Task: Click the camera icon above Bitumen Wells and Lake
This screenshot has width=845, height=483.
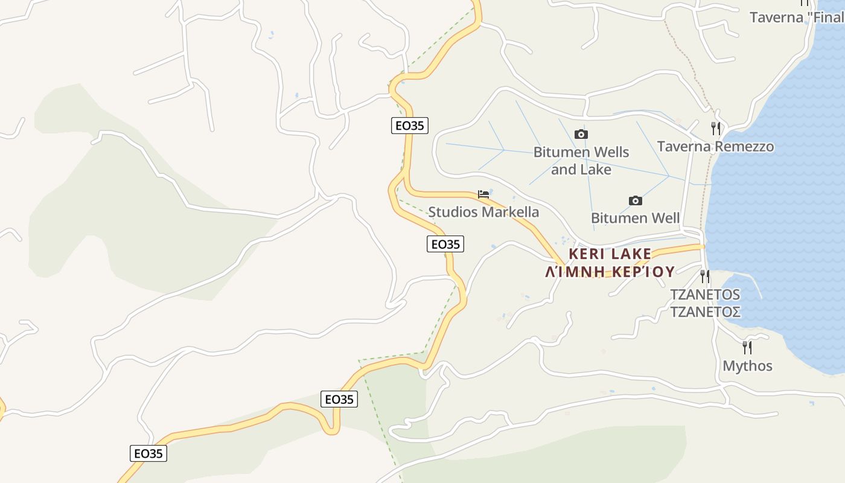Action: pos(581,134)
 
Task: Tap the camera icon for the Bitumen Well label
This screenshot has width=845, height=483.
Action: pos(635,200)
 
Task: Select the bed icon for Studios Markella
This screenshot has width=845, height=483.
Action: pos(483,194)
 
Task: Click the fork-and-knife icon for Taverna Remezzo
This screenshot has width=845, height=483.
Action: pos(715,128)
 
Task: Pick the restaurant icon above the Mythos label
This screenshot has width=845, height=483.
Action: pos(747,347)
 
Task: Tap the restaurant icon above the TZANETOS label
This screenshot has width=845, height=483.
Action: pos(704,276)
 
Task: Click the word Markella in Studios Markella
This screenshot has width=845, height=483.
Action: pos(510,212)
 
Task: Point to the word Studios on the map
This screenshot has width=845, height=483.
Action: pos(453,212)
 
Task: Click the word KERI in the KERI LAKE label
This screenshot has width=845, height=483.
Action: pos(586,254)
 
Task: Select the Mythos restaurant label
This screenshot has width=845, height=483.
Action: pos(747,366)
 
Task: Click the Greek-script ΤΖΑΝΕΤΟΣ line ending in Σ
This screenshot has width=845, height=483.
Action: pos(706,312)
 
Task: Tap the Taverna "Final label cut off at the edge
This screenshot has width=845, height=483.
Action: pos(796,17)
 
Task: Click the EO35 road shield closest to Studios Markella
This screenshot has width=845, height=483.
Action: pos(445,244)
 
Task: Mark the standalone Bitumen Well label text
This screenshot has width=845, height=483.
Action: pos(635,218)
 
